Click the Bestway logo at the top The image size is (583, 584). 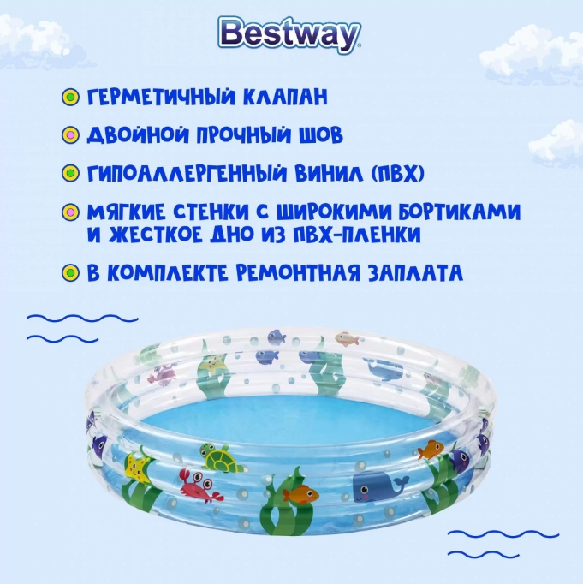click(x=291, y=35)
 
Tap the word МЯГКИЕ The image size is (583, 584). click(x=123, y=212)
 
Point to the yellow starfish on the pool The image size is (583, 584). click(x=136, y=468)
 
